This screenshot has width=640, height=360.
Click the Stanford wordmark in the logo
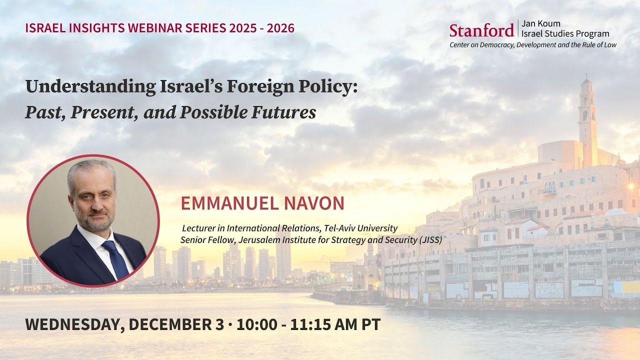pyautogui.click(x=481, y=30)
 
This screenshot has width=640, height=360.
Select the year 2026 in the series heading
pyautogui.click(x=280, y=27)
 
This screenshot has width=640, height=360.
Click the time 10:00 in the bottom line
pyautogui.click(x=257, y=324)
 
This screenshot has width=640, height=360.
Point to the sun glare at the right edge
pyautogui.click(x=631, y=186)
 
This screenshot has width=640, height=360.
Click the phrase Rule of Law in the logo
pyautogui.click(x=600, y=45)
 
